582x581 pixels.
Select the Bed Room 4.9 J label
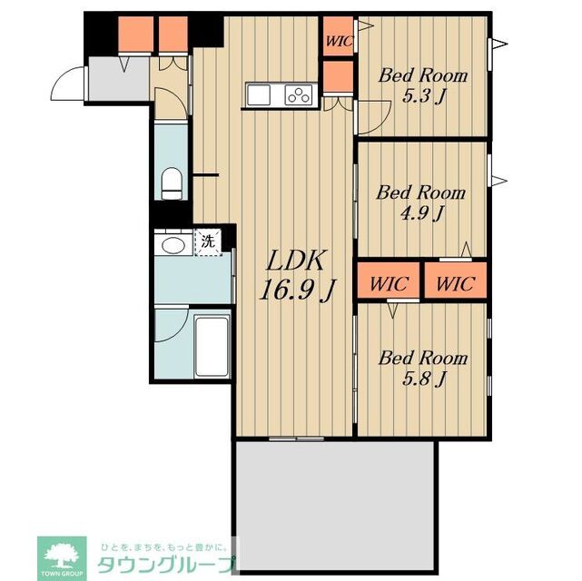pyautogui.click(x=421, y=202)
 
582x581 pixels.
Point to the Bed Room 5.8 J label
pyautogui.click(x=423, y=367)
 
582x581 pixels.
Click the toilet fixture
pyautogui.click(x=171, y=182)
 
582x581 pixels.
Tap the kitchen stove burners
pyautogui.click(x=299, y=94)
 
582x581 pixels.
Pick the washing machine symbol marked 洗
pyautogui.click(x=208, y=243)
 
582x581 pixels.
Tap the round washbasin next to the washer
pyautogui.click(x=170, y=245)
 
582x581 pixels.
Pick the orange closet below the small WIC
pyautogui.click(x=337, y=77)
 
